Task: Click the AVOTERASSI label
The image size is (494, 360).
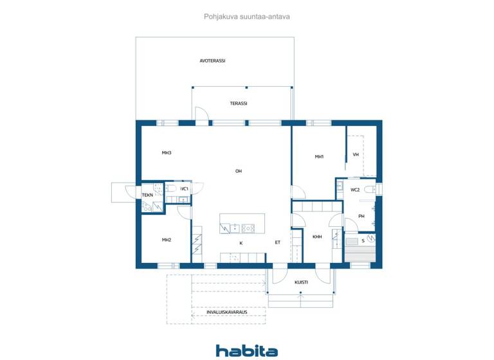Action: pyautogui.click(x=212, y=61)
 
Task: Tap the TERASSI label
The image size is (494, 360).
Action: pyautogui.click(x=239, y=104)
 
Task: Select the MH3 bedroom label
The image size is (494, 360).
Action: pyautogui.click(x=167, y=153)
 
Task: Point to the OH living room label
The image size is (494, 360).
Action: pyautogui.click(x=238, y=171)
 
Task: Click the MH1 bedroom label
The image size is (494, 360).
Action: pyautogui.click(x=319, y=157)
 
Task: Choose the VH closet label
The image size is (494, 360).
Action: pyautogui.click(x=356, y=154)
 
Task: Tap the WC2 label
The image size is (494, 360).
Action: pyautogui.click(x=355, y=190)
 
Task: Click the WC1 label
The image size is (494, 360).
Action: pyautogui.click(x=184, y=189)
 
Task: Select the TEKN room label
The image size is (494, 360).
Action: pyautogui.click(x=147, y=195)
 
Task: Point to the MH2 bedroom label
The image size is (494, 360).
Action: pyautogui.click(x=167, y=240)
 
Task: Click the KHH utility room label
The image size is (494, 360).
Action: pyautogui.click(x=317, y=237)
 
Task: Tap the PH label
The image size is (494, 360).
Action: pyautogui.click(x=361, y=216)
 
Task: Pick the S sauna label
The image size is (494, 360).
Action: pyautogui.click(x=363, y=240)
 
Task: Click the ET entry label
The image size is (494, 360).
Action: pyautogui.click(x=278, y=242)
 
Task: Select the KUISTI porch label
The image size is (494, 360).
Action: pyautogui.click(x=301, y=282)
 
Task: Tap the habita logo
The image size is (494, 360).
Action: pyautogui.click(x=247, y=350)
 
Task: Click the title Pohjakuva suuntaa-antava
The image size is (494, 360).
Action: pyautogui.click(x=247, y=17)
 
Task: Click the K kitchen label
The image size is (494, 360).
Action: pyautogui.click(x=241, y=243)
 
